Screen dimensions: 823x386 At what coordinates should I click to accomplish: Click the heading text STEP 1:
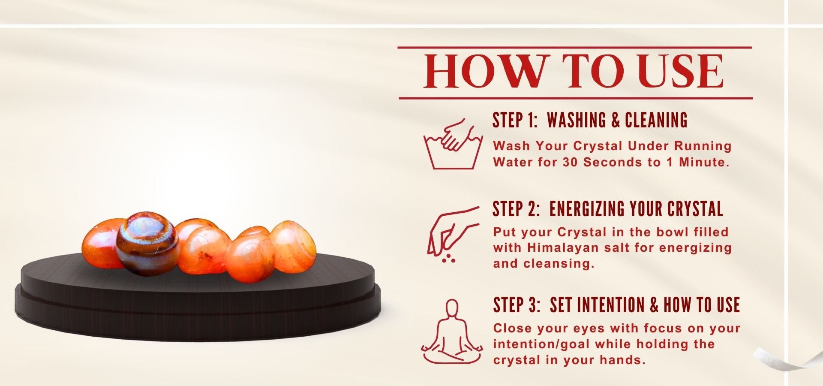click(x=515, y=120)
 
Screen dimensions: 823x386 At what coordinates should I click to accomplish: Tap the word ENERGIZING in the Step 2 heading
click(x=587, y=209)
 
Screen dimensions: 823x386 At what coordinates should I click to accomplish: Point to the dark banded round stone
click(x=148, y=243)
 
